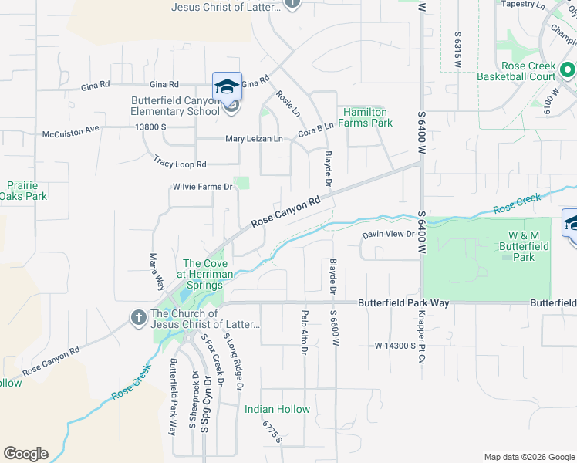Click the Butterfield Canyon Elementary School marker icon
[228, 86]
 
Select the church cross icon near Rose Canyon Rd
[138, 317]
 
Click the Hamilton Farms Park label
[368, 117]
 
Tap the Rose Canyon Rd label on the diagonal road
[285, 211]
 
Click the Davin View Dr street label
[390, 235]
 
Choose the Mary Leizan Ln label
[254, 139]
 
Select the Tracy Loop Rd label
[180, 164]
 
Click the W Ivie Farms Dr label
[202, 187]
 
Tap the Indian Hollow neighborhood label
[278, 409]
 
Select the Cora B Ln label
[316, 126]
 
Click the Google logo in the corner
[25, 454]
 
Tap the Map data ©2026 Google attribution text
[528, 457]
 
